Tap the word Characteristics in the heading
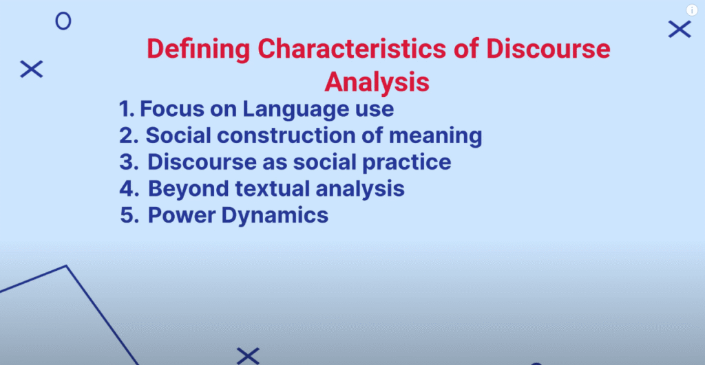(x=352, y=49)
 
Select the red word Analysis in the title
(x=377, y=83)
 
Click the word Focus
(x=171, y=109)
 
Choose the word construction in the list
(x=286, y=135)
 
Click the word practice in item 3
(x=406, y=163)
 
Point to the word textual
(x=273, y=188)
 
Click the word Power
(x=182, y=215)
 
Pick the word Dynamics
(x=275, y=216)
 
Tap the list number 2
(x=129, y=135)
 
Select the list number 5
(x=129, y=215)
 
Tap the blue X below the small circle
(x=32, y=69)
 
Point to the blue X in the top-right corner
(x=680, y=29)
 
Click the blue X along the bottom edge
(x=248, y=356)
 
